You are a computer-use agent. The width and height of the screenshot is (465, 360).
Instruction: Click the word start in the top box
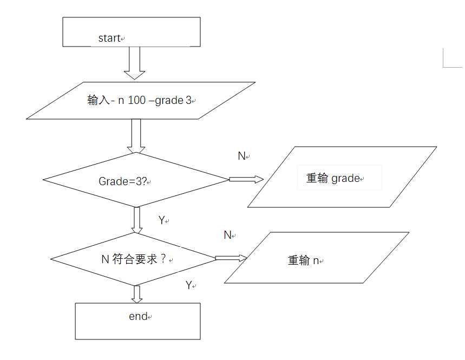109,38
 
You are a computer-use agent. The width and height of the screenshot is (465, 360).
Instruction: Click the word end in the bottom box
137,317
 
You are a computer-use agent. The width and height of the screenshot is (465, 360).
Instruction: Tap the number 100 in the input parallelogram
136,101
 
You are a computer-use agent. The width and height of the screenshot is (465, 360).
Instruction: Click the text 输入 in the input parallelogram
98,101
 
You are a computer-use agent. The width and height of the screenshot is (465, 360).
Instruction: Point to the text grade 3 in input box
173,101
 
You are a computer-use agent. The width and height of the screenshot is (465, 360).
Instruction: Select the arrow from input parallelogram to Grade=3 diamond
135,136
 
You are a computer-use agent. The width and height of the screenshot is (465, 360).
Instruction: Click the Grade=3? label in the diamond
123,181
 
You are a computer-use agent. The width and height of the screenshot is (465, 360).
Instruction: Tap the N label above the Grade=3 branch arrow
241,156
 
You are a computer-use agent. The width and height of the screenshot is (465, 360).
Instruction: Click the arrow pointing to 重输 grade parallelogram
246,179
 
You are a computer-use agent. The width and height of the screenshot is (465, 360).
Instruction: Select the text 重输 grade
333,178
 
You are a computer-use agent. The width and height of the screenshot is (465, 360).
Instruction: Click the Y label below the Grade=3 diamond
161,220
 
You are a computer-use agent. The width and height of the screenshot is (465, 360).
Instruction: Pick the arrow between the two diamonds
137,220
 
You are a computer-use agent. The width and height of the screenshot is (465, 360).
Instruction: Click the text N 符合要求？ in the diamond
133,259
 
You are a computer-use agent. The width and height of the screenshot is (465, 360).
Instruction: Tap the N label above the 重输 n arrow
227,235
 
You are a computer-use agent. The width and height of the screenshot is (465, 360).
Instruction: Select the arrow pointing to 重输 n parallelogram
231,258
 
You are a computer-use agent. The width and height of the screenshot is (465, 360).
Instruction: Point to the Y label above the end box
189,285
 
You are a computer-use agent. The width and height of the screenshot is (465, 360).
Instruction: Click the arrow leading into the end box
137,294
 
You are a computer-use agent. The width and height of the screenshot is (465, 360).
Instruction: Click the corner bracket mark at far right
451,58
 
